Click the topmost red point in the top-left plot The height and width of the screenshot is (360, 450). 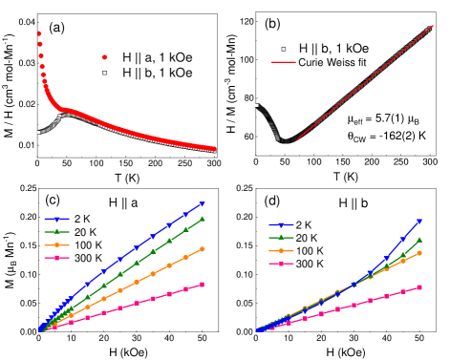[39, 33]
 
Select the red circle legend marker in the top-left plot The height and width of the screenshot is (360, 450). [104, 57]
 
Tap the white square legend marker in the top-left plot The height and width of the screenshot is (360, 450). [104, 73]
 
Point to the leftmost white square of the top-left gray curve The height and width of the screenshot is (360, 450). [38, 132]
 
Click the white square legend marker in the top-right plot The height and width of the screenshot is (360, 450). [283, 49]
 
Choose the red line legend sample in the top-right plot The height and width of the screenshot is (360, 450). [283, 62]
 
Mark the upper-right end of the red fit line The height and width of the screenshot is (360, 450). [432, 27]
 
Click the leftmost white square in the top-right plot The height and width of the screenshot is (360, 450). [256, 105]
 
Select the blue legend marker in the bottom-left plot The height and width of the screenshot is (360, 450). [56, 219]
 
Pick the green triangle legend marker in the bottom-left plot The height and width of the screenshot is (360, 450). [56, 231]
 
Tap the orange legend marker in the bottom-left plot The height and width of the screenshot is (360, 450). [56, 244]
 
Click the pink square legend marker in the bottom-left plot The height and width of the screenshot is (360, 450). [56, 258]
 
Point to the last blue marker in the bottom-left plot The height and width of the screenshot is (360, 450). [202, 204]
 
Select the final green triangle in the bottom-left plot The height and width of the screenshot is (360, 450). [202, 219]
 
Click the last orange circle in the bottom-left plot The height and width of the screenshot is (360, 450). [202, 248]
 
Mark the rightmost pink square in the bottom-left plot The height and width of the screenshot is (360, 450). [202, 285]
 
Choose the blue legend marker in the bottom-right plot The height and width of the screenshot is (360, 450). [281, 224]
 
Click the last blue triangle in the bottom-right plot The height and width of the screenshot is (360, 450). [418, 222]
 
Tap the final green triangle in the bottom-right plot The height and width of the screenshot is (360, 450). [418, 240]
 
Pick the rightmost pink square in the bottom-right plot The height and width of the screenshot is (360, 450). [418, 287]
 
